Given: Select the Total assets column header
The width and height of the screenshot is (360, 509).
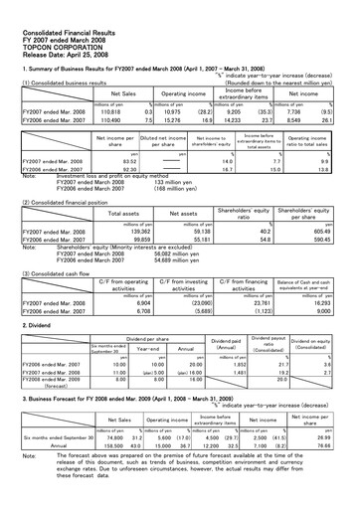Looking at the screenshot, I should coord(122,213).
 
